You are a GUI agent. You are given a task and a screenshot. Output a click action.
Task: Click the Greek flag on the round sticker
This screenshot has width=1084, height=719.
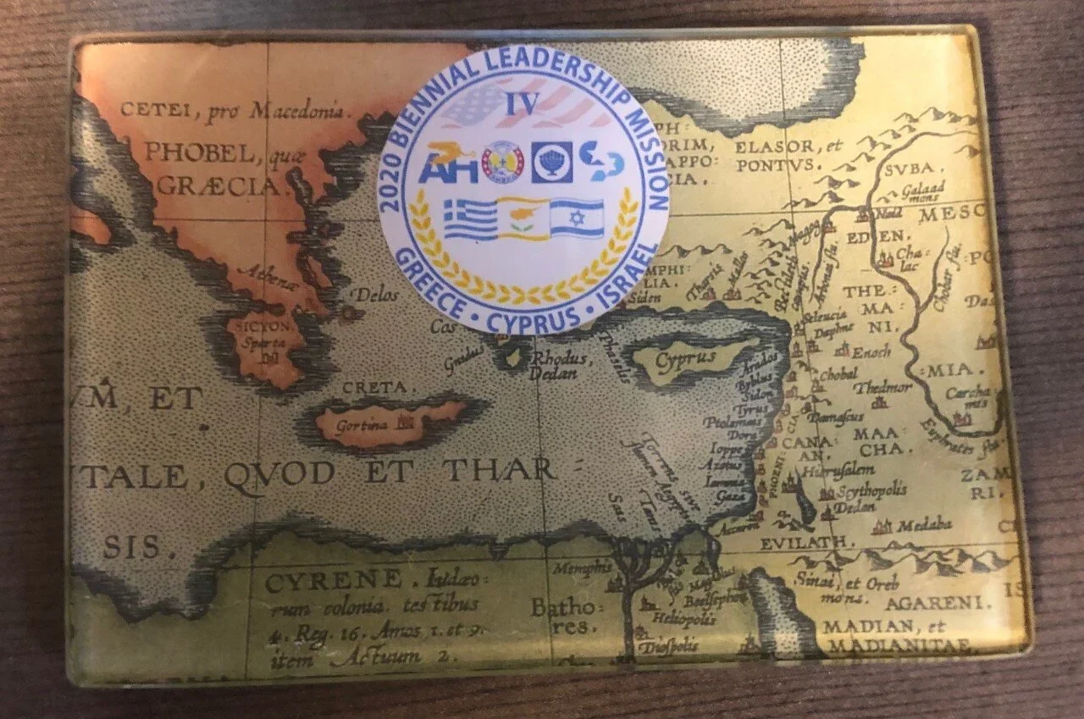[470, 220]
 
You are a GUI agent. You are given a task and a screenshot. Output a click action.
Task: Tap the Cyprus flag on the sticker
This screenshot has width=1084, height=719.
[523, 218]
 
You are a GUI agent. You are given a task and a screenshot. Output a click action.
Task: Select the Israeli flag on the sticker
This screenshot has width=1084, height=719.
[577, 218]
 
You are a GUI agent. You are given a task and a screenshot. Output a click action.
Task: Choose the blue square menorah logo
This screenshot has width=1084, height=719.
[551, 162]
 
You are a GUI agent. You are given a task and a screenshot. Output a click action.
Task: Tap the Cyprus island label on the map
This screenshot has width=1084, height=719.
[686, 359]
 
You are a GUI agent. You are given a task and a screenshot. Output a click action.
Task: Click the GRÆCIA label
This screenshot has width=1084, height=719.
[218, 185]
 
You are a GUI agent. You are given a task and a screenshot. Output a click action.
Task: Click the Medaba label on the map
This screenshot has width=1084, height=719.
[924, 526]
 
